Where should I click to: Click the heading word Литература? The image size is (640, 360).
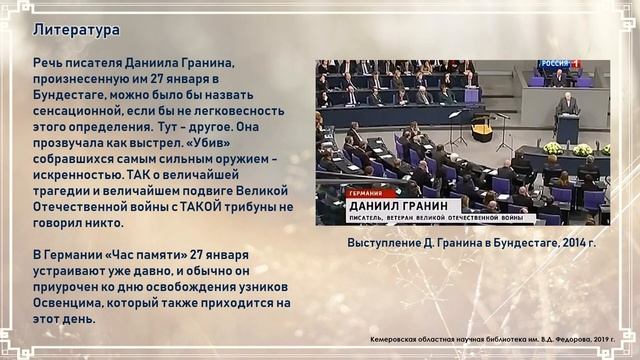[x=76, y=30]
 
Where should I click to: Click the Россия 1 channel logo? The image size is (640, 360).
[x=558, y=65]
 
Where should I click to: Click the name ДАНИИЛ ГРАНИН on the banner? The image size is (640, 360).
[x=396, y=204]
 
